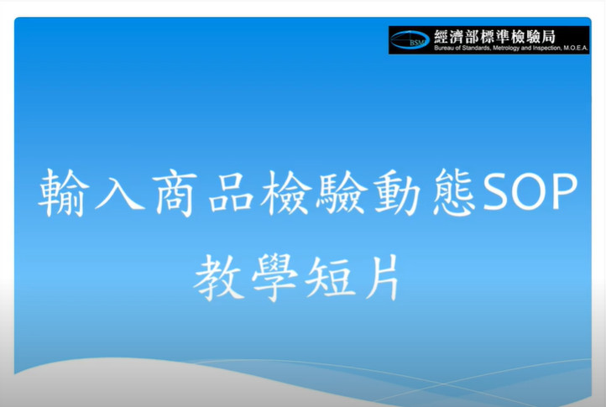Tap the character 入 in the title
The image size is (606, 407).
tap(120, 192)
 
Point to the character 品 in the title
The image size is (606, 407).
tap(231, 193)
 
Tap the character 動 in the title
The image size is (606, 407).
tap(397, 192)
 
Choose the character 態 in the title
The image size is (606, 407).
tap(453, 192)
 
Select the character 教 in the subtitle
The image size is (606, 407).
tap(219, 278)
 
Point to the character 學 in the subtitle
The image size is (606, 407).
tap(274, 278)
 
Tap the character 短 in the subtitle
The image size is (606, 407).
tap(330, 278)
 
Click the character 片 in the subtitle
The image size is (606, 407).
tap(383, 277)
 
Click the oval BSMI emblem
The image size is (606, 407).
tap(410, 39)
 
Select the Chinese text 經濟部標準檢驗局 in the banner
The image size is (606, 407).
tap(494, 37)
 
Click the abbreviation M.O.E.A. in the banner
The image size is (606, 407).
tap(576, 49)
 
